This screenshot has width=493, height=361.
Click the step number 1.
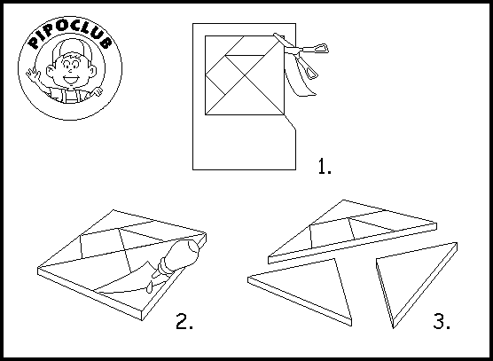coord(325,166)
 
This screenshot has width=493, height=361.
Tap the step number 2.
coord(184,321)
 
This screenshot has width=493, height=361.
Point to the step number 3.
coord(442,321)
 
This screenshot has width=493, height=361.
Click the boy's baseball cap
coord(72,49)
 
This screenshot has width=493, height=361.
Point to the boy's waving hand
coord(34,75)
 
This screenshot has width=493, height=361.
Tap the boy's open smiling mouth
coord(71,79)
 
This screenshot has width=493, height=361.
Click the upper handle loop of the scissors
coord(321,48)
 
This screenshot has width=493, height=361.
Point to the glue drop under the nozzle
coord(149,287)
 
